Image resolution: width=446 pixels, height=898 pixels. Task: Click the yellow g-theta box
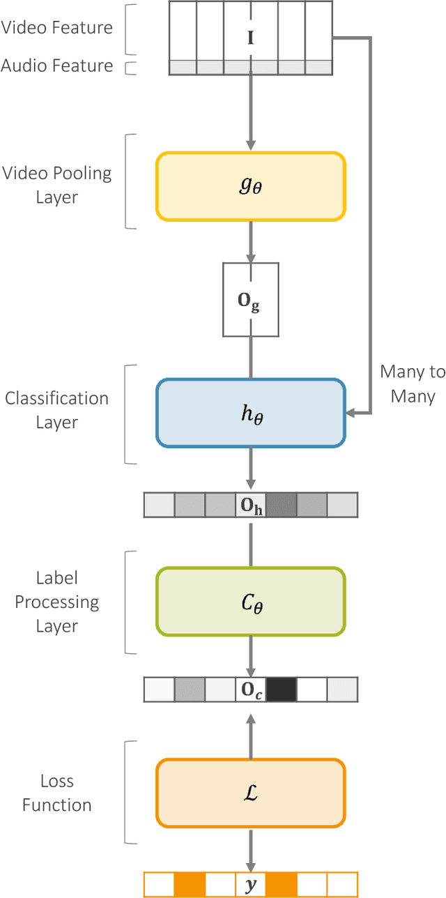pyautogui.click(x=250, y=186)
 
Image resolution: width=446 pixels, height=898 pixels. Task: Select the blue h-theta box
pyautogui.click(x=250, y=413)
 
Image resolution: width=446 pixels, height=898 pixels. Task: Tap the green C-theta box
pyautogui.click(x=250, y=601)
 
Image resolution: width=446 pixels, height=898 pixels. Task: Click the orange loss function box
pyautogui.click(x=250, y=792)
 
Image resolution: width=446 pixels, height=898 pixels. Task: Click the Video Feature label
pyautogui.click(x=56, y=27)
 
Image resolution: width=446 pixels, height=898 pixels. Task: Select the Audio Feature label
pyautogui.click(x=56, y=66)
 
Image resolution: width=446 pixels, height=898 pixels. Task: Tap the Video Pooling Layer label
pyautogui.click(x=57, y=185)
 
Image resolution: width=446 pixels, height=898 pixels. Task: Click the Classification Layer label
pyautogui.click(x=57, y=411)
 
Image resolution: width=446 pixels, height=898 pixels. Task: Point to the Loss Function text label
pyautogui.click(x=57, y=793)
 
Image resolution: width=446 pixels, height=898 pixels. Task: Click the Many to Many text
pyautogui.click(x=413, y=384)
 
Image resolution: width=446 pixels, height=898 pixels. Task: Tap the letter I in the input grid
pyautogui.click(x=250, y=38)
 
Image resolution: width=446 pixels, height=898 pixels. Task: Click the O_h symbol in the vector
pyautogui.click(x=251, y=505)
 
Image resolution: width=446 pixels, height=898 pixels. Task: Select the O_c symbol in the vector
pyautogui.click(x=251, y=690)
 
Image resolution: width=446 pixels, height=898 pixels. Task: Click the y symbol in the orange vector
pyautogui.click(x=251, y=885)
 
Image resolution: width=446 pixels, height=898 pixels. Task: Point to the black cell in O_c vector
pyautogui.click(x=281, y=690)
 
